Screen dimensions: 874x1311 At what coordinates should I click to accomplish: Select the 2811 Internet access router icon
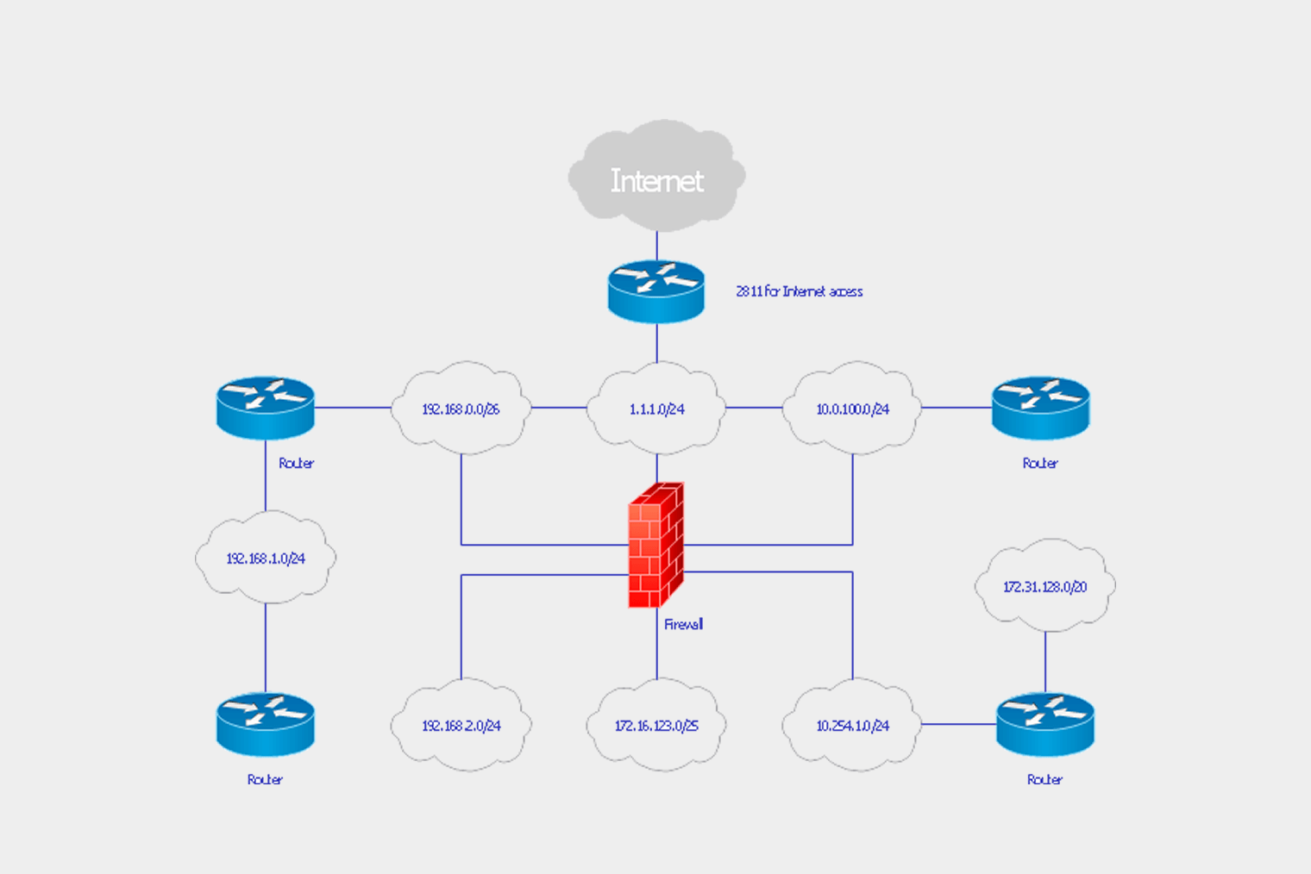click(656, 291)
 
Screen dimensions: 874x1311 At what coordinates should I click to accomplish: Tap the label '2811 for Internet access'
click(799, 291)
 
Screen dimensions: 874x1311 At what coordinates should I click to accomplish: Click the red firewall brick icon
click(655, 545)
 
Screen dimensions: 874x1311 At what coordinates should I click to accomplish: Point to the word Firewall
click(683, 624)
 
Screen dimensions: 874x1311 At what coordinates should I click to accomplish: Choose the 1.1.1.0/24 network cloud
click(656, 409)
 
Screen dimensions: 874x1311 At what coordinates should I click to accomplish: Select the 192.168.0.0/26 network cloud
click(461, 409)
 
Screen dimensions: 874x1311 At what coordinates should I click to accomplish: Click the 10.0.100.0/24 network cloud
click(852, 409)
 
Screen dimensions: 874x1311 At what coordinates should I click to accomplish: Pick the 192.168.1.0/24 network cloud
click(266, 558)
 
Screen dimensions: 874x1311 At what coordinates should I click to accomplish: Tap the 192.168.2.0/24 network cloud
click(461, 725)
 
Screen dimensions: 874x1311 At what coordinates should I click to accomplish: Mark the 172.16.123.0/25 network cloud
click(656, 725)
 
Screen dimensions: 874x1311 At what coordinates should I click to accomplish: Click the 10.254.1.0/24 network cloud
click(852, 725)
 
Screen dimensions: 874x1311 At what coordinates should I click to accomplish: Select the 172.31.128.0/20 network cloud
click(1044, 586)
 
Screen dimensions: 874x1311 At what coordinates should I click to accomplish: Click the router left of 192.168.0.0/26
click(266, 408)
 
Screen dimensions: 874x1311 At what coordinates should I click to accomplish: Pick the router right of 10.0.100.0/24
click(1040, 408)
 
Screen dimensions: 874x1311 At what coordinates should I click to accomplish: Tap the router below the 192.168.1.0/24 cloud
click(266, 724)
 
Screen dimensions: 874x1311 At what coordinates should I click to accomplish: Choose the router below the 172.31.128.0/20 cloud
click(1045, 724)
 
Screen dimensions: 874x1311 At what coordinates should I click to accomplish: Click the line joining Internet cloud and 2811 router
click(656, 246)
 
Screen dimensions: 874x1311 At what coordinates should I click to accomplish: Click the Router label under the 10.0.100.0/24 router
click(1040, 463)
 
